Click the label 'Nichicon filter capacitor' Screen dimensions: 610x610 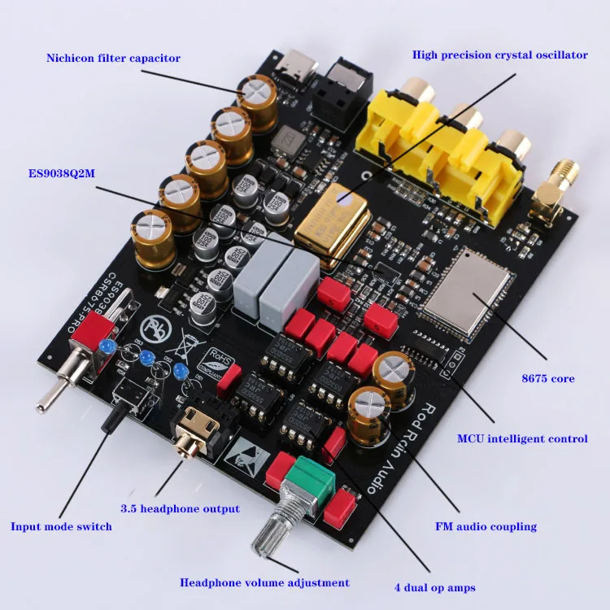(x=113, y=58)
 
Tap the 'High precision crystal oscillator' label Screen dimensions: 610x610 (x=499, y=55)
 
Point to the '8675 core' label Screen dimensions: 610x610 (x=547, y=378)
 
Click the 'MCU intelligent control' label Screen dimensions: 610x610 (x=522, y=438)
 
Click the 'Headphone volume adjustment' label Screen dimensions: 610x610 (x=264, y=582)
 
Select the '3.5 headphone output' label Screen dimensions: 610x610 (x=180, y=508)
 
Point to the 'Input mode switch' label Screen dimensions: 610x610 (x=61, y=526)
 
